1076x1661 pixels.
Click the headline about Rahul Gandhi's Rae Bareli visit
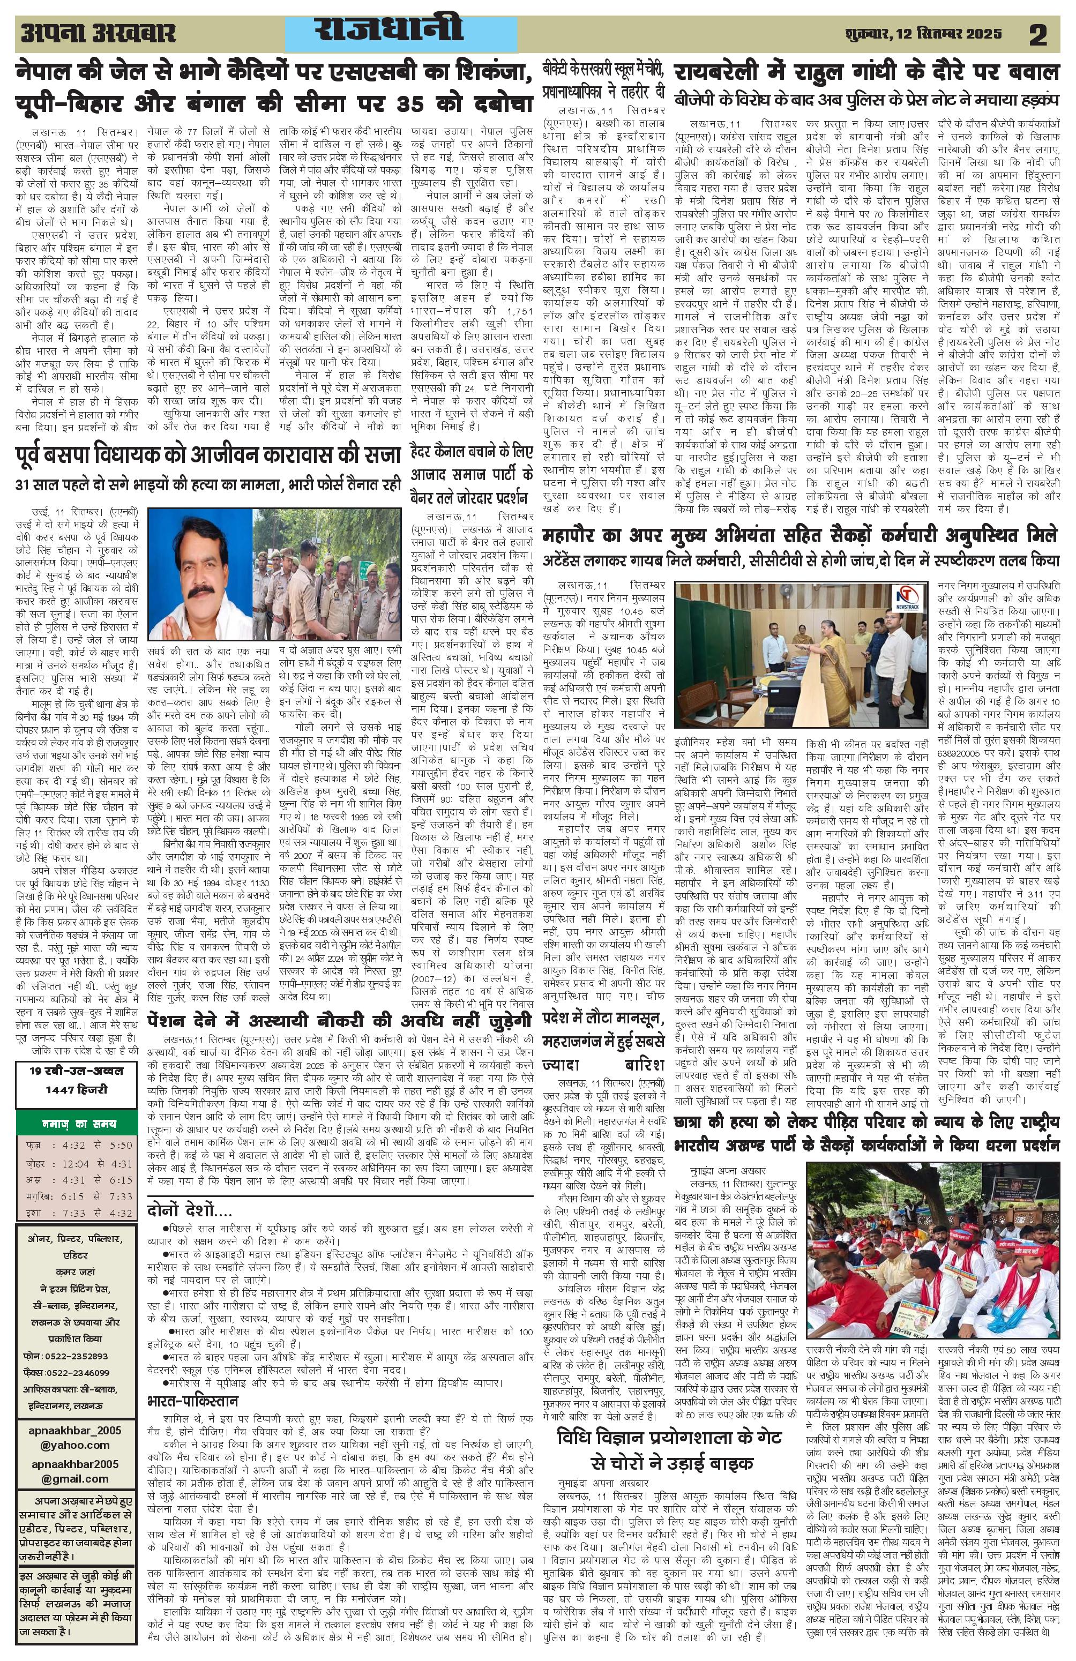pos(866,71)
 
